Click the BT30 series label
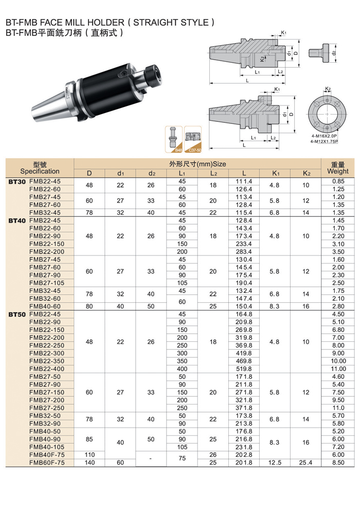(x=18, y=181)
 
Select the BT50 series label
(x=18, y=314)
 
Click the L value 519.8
(x=244, y=369)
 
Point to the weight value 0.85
(x=338, y=181)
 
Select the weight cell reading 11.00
(x=338, y=369)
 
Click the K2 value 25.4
(x=306, y=462)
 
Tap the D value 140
(x=89, y=462)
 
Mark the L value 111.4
(x=244, y=181)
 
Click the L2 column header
(x=213, y=173)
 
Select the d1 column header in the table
(x=120, y=173)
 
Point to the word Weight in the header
(x=338, y=171)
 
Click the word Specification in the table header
(x=40, y=171)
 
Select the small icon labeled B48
(x=174, y=139)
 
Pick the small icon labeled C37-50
(x=193, y=139)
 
